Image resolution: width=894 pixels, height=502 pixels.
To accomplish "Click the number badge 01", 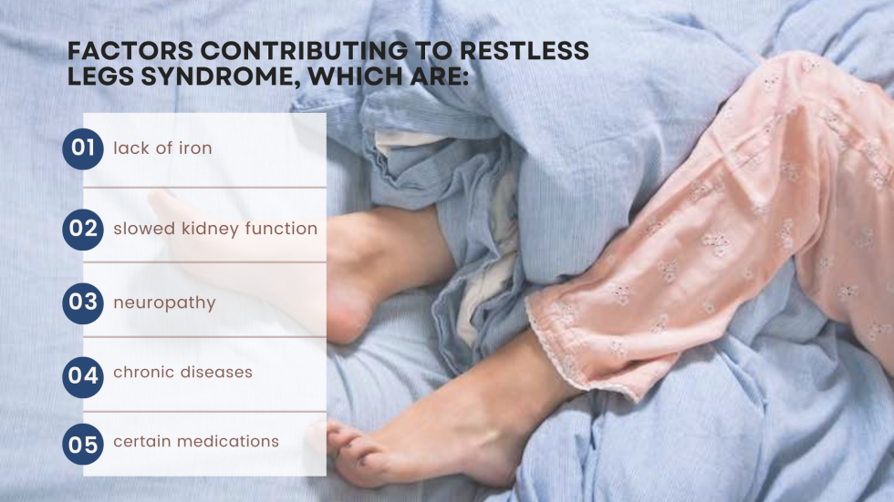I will coord(83,149).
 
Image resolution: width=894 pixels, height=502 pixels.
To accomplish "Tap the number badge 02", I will coord(83,229).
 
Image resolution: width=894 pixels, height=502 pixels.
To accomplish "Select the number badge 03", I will coord(83,302).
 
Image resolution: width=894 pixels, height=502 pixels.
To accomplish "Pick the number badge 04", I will coord(83,374).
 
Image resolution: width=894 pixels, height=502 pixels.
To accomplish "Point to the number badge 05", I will coord(83,444).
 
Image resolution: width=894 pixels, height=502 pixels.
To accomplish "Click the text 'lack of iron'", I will coord(162,149).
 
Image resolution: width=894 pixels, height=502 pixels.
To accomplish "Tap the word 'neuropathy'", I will coord(164,302).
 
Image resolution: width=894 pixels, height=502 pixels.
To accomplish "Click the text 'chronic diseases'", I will coord(182,372).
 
